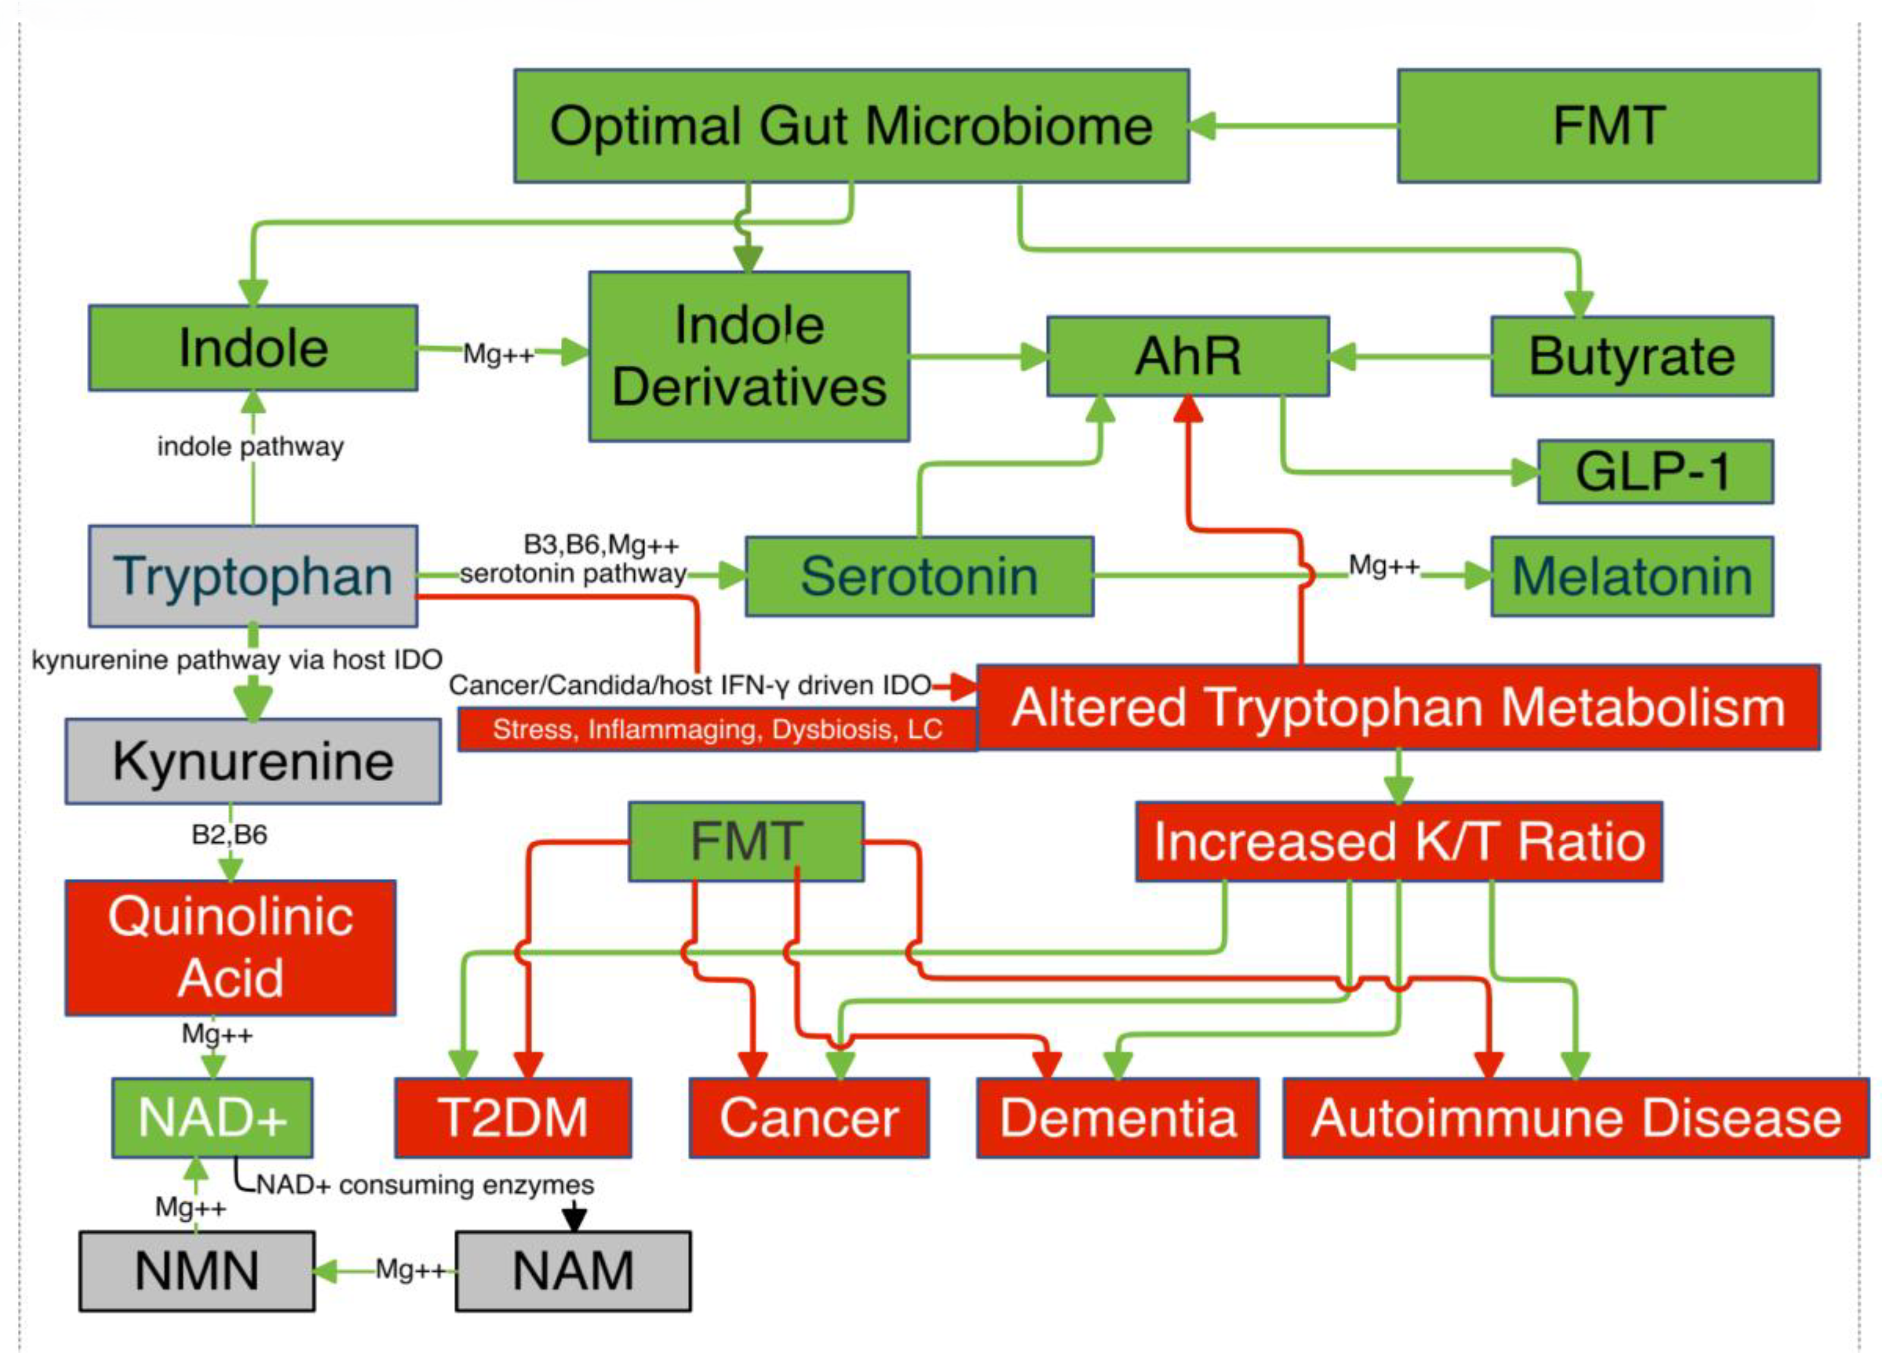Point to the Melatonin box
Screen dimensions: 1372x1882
click(x=1631, y=576)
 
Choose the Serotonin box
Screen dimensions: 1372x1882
click(x=918, y=576)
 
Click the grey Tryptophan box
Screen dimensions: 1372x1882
click(x=253, y=576)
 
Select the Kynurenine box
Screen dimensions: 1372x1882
click(x=253, y=761)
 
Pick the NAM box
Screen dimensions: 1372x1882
click(x=572, y=1271)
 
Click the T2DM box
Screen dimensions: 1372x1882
click(x=513, y=1117)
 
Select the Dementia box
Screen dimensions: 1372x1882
click(x=1117, y=1117)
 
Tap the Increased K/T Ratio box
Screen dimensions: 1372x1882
click(x=1398, y=841)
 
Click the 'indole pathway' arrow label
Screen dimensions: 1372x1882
click(x=250, y=447)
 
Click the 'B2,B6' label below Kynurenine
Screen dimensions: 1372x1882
click(x=229, y=834)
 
